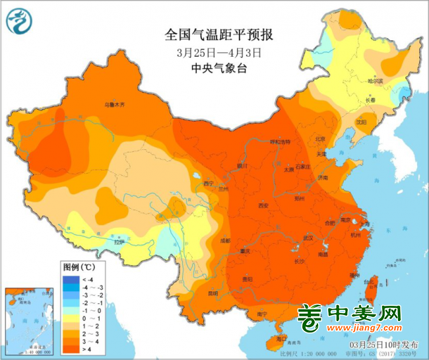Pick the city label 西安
tap(264, 205)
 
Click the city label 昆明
tap(213, 293)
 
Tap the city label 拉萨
tap(118, 242)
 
